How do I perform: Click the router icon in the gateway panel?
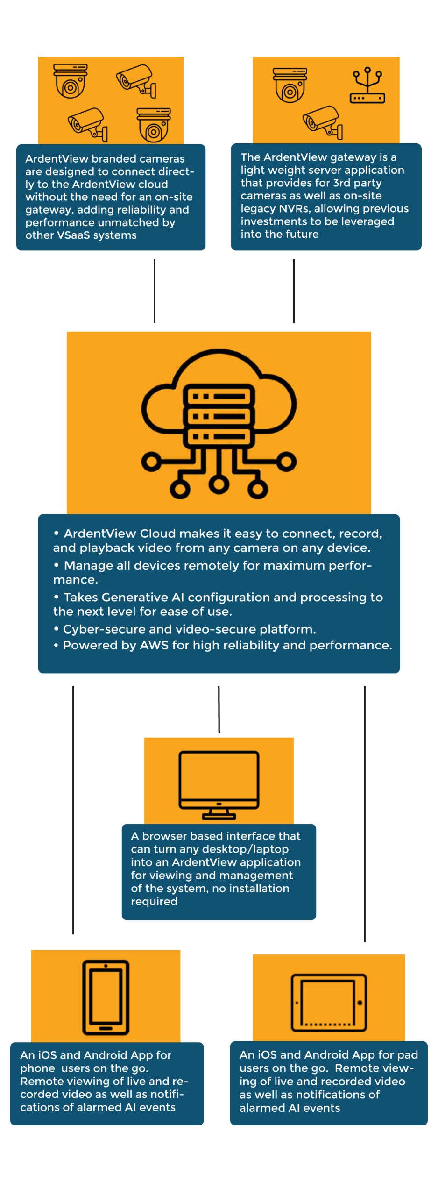pos(367,86)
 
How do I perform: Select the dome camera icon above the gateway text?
pos(290,85)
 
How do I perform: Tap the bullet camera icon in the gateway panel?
pos(323,122)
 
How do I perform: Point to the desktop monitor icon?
pos(219,785)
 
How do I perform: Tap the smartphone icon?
pos(106,997)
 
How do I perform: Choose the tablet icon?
pos(329,1002)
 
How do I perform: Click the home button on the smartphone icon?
pos(106,1028)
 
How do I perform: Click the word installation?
pos(259,888)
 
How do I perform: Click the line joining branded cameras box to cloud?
pos(155,291)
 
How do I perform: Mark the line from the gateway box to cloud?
pos(294,291)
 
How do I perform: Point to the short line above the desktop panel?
pos(219,709)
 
